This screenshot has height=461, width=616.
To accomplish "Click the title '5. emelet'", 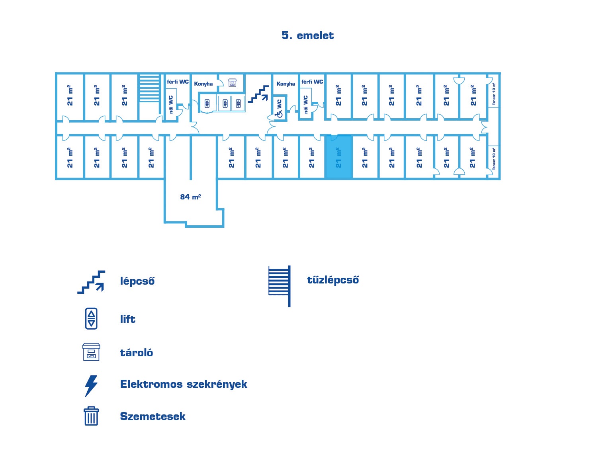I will coord(307,35).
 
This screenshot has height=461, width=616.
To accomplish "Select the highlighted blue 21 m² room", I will coord(338,157).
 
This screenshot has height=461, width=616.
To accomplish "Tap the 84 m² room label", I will coord(190,197).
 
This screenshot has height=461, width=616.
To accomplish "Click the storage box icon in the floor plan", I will coord(232,82).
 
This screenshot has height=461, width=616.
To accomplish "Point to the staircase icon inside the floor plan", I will coord(258,94).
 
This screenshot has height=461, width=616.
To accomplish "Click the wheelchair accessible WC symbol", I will coord(280,114).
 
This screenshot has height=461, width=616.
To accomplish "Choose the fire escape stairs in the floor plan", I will coord(149,88).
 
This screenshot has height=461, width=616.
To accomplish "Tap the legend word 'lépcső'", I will coord(137,281).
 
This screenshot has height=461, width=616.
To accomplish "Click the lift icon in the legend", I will coord(91,318).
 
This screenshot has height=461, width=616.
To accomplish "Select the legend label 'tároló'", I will coord(136,353).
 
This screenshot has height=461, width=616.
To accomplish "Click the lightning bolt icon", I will coord(91,385).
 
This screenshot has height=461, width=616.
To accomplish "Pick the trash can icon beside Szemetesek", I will coord(91,416).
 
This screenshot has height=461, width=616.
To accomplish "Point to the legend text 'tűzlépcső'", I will coord(333,280).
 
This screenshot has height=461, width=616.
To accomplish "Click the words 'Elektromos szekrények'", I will coord(184,384).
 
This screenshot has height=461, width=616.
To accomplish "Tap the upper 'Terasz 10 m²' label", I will coord(494,94).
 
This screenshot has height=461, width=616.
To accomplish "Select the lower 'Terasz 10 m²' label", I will coord(494,158).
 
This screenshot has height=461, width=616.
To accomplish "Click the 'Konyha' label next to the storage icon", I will coord(203,84).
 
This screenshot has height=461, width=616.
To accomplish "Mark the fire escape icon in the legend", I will coord(280,285).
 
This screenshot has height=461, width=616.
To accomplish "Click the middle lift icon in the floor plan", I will coord(225,104).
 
